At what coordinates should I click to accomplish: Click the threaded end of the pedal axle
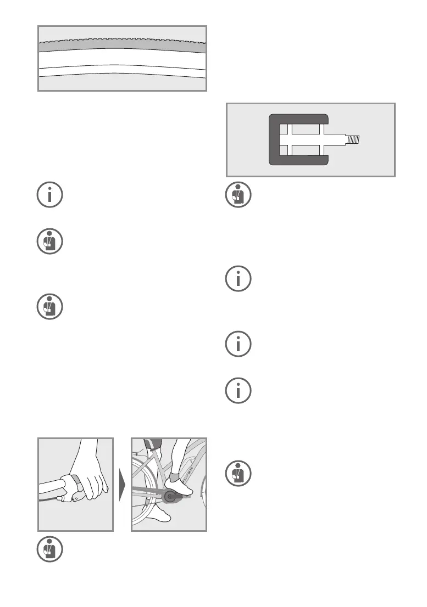(x=354, y=139)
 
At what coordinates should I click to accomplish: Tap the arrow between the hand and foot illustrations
(x=122, y=485)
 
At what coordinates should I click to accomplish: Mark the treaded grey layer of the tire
(x=122, y=44)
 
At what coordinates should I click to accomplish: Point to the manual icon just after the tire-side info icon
(x=50, y=241)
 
